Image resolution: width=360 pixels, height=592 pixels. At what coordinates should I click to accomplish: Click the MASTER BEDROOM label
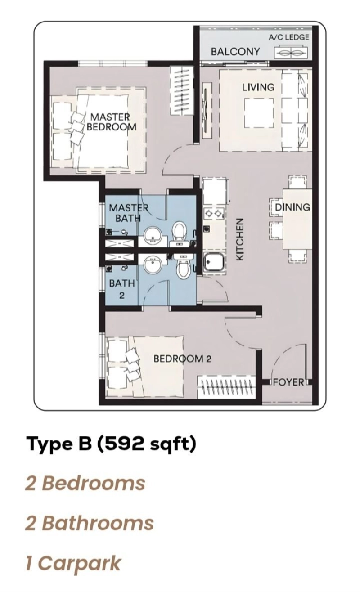(x=111, y=122)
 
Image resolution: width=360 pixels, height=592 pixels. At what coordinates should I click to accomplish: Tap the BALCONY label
(x=235, y=52)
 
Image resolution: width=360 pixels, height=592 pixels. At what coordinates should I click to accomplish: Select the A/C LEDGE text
(x=289, y=37)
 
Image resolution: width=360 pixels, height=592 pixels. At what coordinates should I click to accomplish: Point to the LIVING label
(x=258, y=87)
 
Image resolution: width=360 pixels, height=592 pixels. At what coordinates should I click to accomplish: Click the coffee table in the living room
(x=259, y=112)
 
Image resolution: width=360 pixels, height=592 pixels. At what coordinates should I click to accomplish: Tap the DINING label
(x=292, y=207)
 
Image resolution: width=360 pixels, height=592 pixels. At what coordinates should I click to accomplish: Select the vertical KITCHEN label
(x=240, y=239)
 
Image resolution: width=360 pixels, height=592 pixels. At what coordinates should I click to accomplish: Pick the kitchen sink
(x=214, y=263)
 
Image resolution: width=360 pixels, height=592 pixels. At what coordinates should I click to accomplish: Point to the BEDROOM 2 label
(x=182, y=359)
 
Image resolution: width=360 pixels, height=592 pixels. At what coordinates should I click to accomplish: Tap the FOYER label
(x=288, y=382)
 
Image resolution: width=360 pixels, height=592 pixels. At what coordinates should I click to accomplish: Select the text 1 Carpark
(x=73, y=563)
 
